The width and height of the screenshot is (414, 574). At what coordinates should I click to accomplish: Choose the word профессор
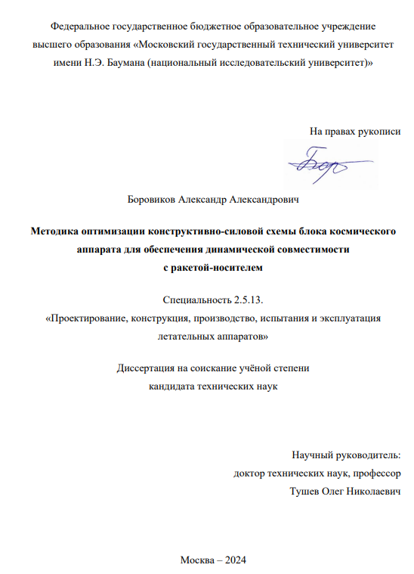[x=376, y=473]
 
